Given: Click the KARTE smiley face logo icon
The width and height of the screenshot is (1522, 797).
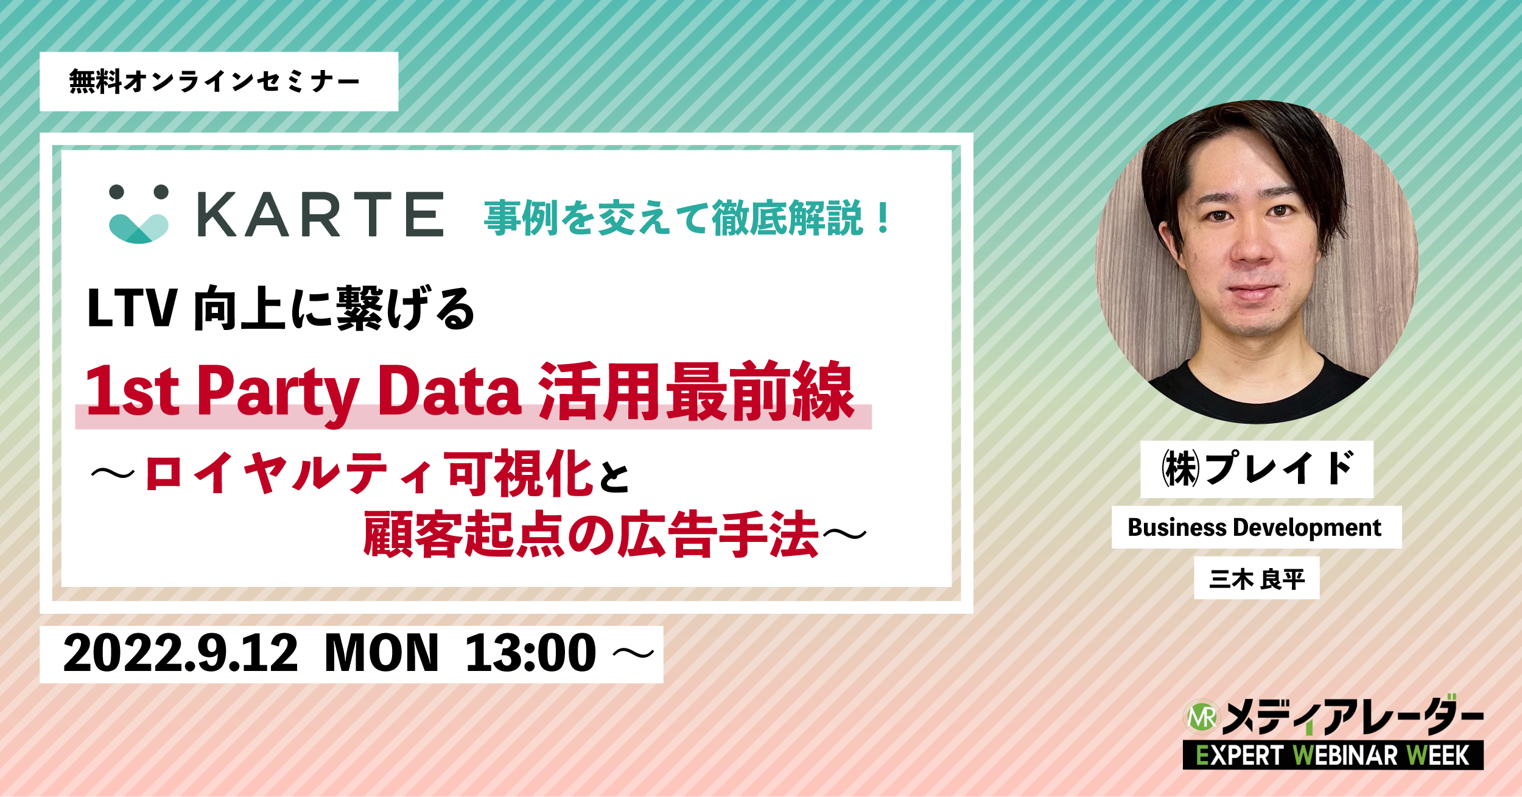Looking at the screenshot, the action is (x=139, y=214).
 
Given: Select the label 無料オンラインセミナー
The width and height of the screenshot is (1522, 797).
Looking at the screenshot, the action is (x=214, y=82).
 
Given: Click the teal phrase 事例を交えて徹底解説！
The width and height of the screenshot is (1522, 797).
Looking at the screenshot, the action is (x=687, y=217).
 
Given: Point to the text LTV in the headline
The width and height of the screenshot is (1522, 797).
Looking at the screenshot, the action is (x=132, y=308).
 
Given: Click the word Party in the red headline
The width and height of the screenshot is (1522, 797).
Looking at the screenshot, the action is (x=278, y=393).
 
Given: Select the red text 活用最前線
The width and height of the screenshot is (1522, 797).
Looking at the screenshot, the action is (x=696, y=391).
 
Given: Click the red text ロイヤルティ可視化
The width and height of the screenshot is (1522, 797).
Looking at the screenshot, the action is (x=369, y=473).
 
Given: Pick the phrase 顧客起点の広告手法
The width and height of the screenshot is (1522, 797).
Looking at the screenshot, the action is (x=591, y=534).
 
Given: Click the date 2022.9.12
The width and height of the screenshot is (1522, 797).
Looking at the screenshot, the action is (x=181, y=653).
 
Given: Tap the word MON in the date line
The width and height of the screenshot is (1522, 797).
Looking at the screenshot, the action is (x=382, y=653).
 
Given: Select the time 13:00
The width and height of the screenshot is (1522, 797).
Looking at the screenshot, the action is (x=530, y=653).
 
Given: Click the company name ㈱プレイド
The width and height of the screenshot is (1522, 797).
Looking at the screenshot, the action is (x=1257, y=469).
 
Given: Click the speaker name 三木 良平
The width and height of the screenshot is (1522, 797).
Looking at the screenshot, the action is (x=1257, y=578).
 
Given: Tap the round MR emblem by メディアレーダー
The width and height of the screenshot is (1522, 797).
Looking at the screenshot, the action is (x=1201, y=717).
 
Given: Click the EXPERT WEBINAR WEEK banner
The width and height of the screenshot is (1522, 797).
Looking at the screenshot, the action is (x=1333, y=755).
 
